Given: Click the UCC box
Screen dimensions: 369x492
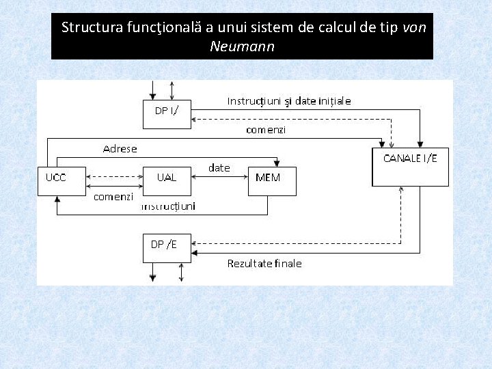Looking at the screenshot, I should [61, 181].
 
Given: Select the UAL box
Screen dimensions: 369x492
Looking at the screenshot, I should [167, 181].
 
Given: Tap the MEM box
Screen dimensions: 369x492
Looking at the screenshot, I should [272, 181].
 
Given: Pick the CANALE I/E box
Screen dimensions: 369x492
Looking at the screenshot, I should [410, 166].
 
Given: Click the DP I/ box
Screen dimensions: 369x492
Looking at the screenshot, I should [167, 114].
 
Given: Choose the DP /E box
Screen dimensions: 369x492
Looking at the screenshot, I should [167, 248].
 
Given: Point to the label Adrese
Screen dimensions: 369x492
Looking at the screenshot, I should [120, 148].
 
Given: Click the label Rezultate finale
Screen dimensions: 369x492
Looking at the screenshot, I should [264, 263].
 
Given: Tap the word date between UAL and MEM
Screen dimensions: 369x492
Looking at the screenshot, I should [219, 168].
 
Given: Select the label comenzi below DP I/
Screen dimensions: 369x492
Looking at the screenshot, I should [266, 129].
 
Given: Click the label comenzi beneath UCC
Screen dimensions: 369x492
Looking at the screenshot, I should [113, 196].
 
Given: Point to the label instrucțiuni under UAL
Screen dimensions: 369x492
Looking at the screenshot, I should [168, 206].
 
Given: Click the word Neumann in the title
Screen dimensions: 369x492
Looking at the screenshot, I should [242, 47].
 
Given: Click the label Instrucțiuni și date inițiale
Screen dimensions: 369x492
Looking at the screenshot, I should [289, 101].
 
